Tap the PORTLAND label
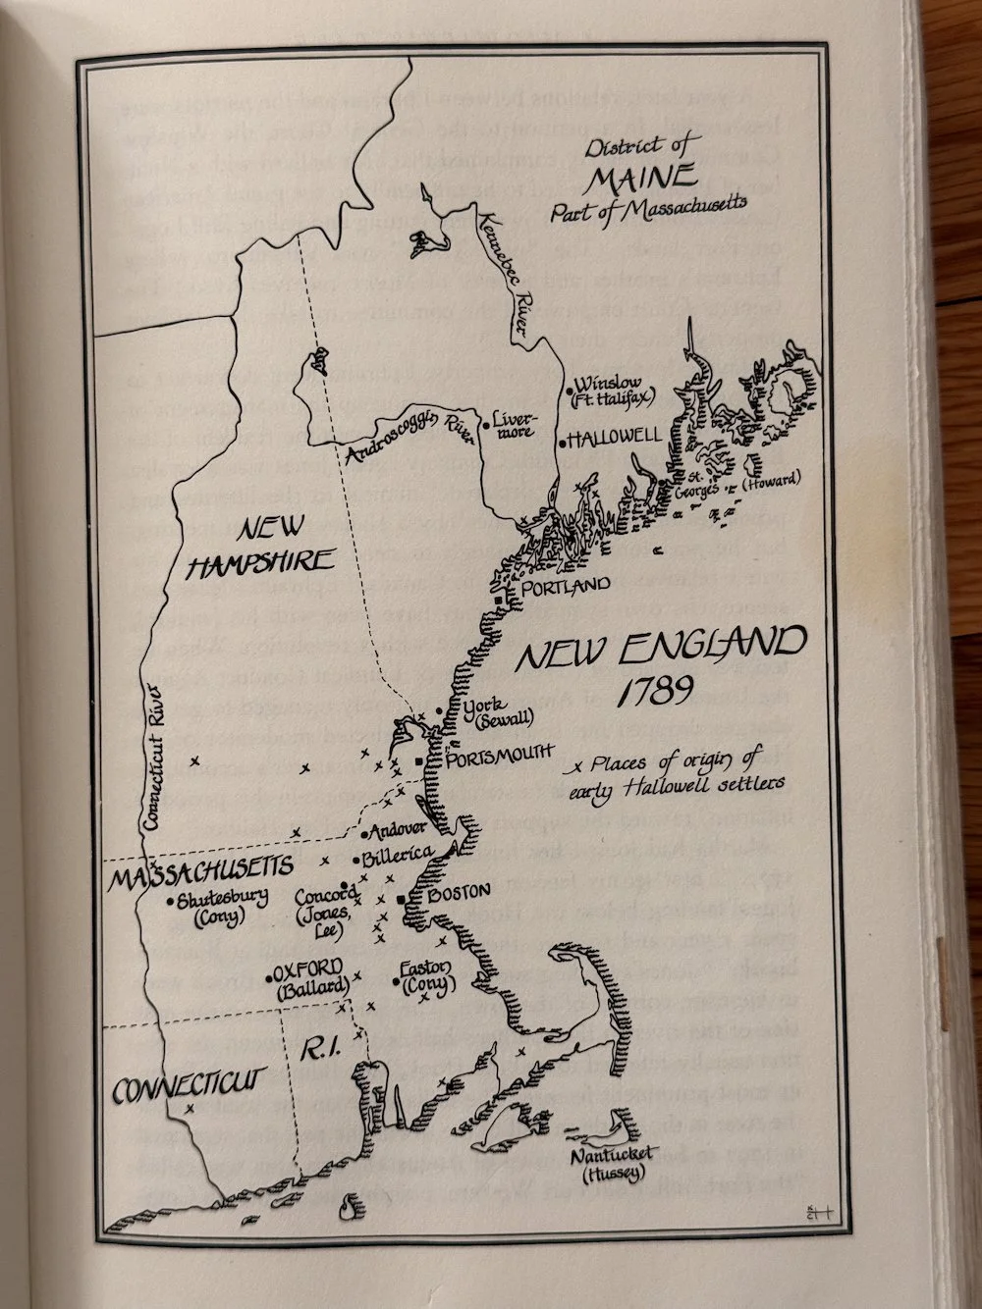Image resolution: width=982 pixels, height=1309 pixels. coord(566,586)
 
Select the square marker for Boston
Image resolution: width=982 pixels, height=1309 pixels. coord(402,899)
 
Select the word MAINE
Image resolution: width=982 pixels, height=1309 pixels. coord(639,179)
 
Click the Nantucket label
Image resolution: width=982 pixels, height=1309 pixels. coord(614,1155)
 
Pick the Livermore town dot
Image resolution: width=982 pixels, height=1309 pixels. coord(484,424)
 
